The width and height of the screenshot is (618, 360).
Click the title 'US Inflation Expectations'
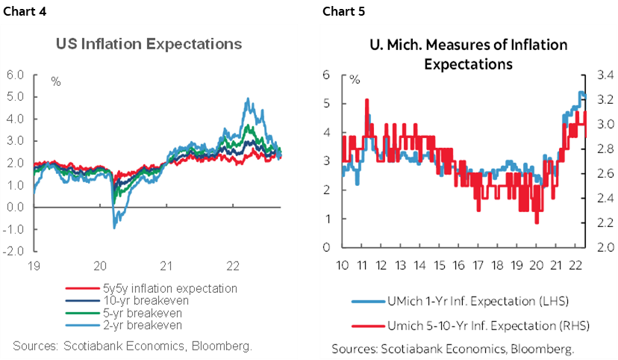(x=149, y=44)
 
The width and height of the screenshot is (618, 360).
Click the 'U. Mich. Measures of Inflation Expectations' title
(x=468, y=55)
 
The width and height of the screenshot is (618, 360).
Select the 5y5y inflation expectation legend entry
(x=182, y=288)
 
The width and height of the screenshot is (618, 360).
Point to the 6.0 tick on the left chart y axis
(x=15, y=75)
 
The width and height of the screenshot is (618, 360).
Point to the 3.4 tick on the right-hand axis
(x=605, y=75)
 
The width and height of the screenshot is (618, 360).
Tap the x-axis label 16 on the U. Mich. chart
(x=458, y=265)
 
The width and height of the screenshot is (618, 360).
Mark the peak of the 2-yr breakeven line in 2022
(x=247, y=99)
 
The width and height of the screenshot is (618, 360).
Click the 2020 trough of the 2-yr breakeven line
(x=114, y=227)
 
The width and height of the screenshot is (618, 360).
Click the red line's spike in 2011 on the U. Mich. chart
(x=366, y=100)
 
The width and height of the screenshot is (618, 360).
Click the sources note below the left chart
(x=132, y=346)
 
